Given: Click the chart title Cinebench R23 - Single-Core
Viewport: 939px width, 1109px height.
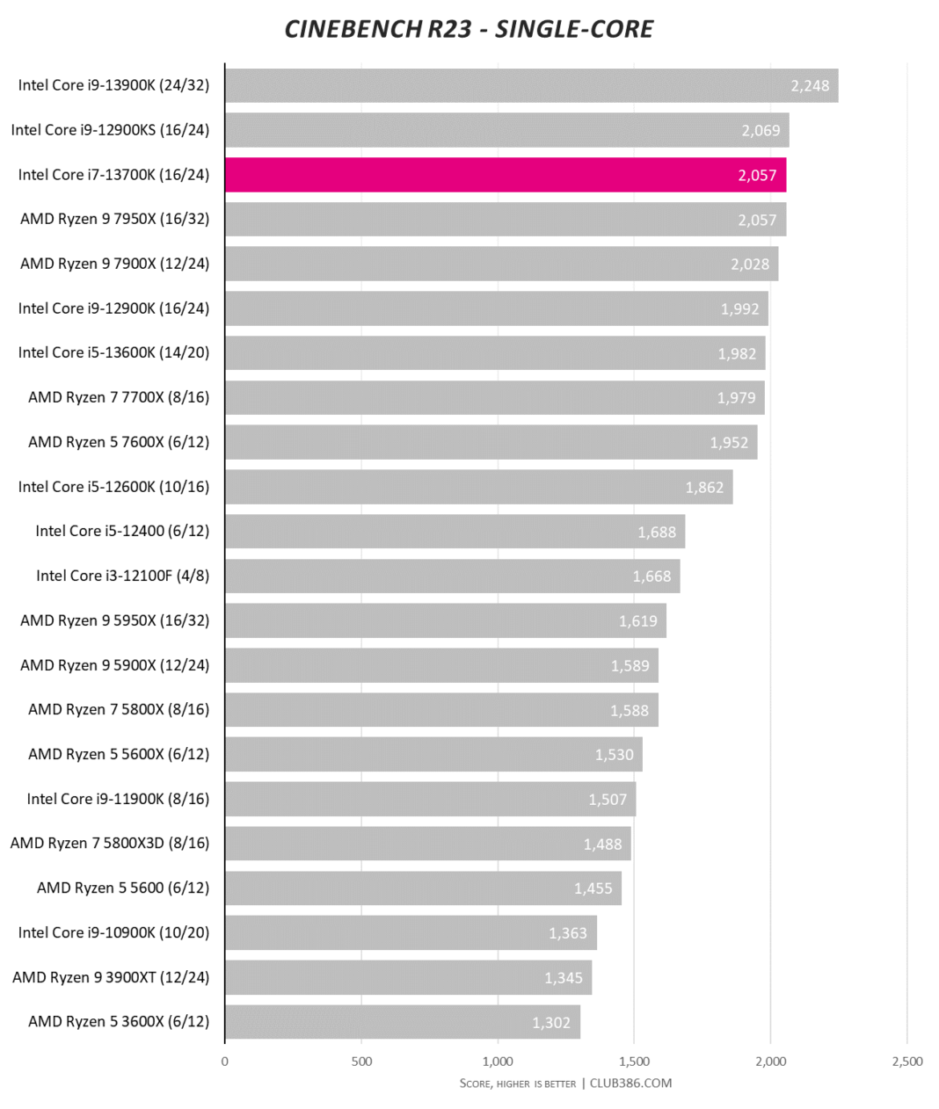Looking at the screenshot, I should (469, 29).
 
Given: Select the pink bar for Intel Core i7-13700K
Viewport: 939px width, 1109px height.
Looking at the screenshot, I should (505, 175).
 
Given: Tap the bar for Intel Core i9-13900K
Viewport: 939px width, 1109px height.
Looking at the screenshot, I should (531, 85).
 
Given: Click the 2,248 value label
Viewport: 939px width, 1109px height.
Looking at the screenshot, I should (810, 86).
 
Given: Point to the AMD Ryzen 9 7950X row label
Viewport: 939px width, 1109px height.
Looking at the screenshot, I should (114, 219).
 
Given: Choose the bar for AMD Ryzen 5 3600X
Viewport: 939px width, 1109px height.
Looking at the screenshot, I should (402, 1022).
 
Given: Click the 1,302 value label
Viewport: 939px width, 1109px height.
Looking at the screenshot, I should (551, 1023).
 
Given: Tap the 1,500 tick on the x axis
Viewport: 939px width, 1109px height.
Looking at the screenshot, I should (634, 1062).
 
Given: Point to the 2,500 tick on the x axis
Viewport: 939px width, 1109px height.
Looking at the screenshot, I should (907, 1062).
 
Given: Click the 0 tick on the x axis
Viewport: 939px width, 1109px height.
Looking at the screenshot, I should (225, 1062).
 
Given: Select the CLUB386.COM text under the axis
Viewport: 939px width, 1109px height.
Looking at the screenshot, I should (630, 1084).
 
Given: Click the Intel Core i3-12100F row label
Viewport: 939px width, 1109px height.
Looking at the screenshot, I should (122, 576).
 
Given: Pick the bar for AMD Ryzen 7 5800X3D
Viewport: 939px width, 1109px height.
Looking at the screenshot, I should (427, 844).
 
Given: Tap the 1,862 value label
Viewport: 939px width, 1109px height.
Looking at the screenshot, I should (704, 488).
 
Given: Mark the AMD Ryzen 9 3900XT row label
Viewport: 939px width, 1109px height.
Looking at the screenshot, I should (111, 977).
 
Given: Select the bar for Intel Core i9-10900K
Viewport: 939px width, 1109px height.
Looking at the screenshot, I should (411, 932).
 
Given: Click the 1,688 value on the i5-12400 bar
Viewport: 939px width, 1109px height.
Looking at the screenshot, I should (657, 533).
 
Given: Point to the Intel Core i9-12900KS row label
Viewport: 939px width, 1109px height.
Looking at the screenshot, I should (110, 130).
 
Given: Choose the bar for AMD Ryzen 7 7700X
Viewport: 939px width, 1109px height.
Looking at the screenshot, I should (494, 397).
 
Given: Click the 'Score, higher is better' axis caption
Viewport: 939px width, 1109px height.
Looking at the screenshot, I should (518, 1084).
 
